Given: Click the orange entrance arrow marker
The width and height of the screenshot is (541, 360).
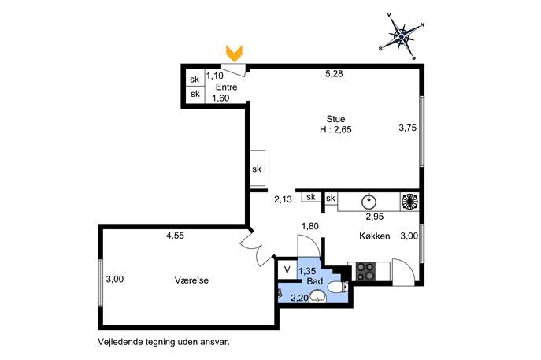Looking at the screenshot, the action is point(234,54).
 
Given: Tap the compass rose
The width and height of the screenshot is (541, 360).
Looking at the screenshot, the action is point(402,36).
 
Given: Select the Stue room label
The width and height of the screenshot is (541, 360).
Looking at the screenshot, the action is point(335,119).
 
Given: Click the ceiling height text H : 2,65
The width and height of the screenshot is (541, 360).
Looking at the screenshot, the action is point(335,130).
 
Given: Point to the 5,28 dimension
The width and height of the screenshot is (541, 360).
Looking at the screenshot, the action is point(334,73).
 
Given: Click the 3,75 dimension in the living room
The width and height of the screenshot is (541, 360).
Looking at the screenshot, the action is point(407,128).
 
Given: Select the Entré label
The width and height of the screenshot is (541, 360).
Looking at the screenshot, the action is point(226,87).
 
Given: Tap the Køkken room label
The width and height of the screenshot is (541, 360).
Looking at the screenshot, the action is point(375,236).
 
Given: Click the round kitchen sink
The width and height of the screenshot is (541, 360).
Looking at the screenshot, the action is point(369,202).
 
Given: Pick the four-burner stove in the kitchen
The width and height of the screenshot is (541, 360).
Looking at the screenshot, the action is point(365,271).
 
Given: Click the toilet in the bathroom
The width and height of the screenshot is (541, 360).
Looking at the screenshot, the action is point(337,288).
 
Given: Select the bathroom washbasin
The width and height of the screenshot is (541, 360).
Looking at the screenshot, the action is point(318,296).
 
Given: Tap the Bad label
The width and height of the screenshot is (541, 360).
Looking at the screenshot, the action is point(315,281).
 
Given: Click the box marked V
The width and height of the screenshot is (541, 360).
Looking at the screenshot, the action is point(287,269).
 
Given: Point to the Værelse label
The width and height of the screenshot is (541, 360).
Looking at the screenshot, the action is point(191,280).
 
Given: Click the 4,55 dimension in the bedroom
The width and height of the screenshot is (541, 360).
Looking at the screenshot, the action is point(175,236).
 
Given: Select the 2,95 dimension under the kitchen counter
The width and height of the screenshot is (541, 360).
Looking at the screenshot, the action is point(374,217).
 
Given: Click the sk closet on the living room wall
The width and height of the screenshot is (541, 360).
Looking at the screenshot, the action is point(258,169).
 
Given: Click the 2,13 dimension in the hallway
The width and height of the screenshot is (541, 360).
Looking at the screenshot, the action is point(283,199).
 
